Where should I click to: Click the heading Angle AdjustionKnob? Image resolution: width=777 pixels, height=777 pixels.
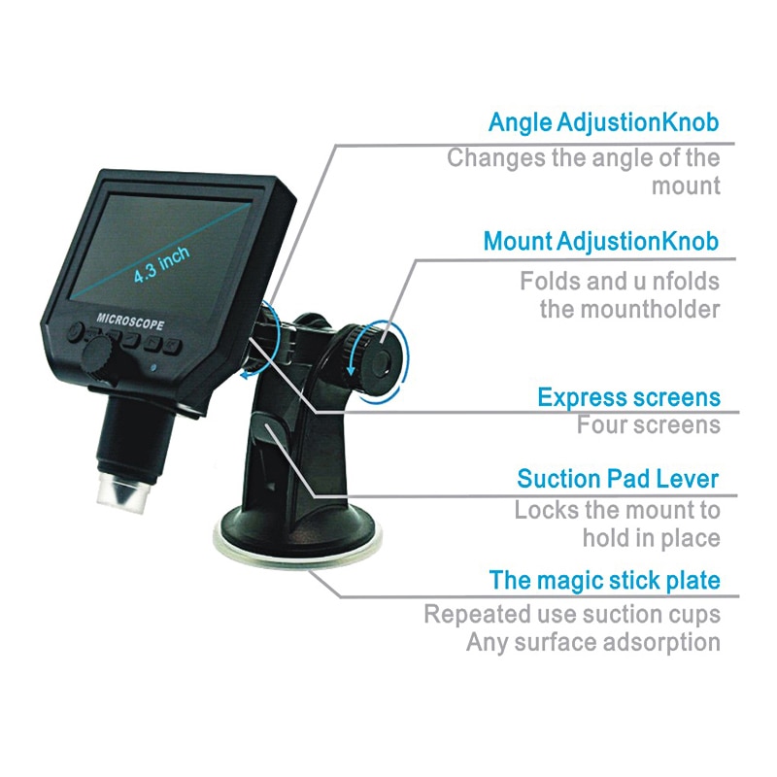[x=603, y=123]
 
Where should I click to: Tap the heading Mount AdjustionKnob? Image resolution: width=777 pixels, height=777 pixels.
[x=601, y=241]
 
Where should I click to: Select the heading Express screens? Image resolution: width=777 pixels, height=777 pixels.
[x=628, y=397]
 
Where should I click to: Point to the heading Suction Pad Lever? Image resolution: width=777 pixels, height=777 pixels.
[x=618, y=478]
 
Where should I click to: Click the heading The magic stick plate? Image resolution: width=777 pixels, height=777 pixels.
[x=605, y=581]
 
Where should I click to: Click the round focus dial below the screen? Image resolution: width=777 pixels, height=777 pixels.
[x=98, y=359]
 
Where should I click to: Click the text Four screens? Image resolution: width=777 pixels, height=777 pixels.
[x=649, y=425]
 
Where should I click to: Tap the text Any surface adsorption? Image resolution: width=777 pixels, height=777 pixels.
[x=593, y=642]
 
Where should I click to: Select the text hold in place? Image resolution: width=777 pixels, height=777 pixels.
[x=652, y=537]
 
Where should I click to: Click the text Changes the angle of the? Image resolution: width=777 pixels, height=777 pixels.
[x=584, y=157]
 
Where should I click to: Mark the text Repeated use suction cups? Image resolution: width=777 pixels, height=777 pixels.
[x=572, y=614]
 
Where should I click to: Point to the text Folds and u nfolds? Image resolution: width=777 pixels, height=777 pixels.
[x=620, y=282]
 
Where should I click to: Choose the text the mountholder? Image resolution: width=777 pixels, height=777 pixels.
[x=629, y=310]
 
